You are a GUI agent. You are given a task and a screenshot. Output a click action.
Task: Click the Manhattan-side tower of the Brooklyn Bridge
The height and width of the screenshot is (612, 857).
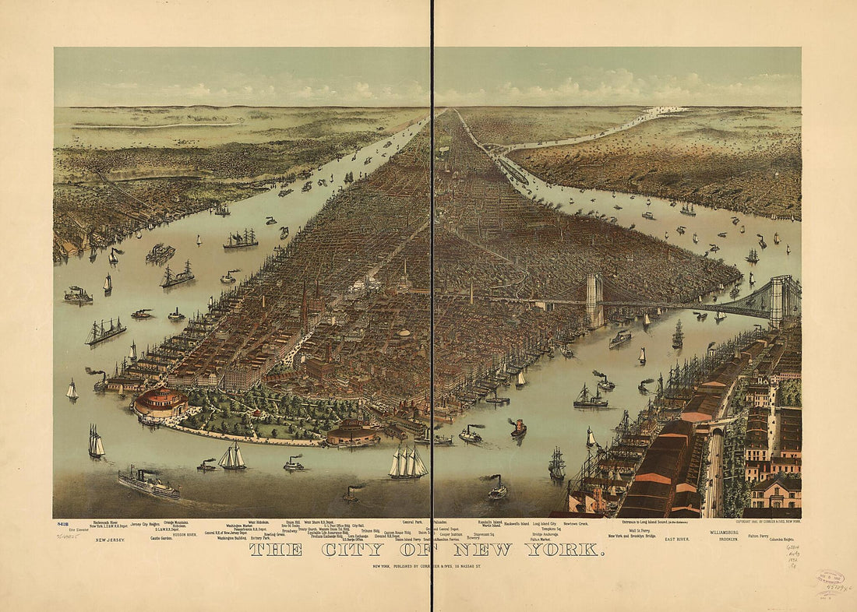click(595, 300)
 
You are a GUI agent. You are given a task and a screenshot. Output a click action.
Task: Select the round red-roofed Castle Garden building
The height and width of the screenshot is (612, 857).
click(160, 403)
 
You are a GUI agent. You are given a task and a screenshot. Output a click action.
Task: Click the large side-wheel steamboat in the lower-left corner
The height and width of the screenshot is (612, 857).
click(148, 484)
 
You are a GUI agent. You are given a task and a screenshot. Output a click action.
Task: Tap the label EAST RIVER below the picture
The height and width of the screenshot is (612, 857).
click(678, 538)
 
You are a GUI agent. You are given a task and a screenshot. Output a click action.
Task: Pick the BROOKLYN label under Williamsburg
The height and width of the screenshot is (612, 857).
click(728, 538)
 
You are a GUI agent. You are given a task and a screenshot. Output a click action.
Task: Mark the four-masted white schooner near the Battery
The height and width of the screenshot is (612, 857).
click(408, 463)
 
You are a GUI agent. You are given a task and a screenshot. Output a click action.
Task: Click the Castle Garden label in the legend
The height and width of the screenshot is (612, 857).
click(162, 538)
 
